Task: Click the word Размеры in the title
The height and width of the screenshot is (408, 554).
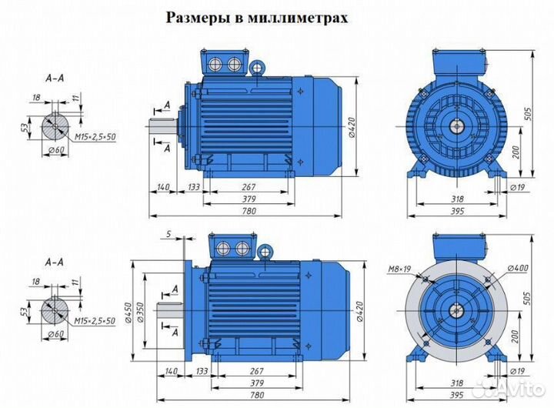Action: pyautogui.click(x=198, y=18)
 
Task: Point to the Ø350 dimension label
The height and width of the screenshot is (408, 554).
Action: pyautogui.click(x=141, y=311)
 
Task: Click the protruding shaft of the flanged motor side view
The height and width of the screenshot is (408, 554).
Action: pyautogui.click(x=169, y=311)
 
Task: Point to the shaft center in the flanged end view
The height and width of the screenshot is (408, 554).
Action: pyautogui.click(x=456, y=311)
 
